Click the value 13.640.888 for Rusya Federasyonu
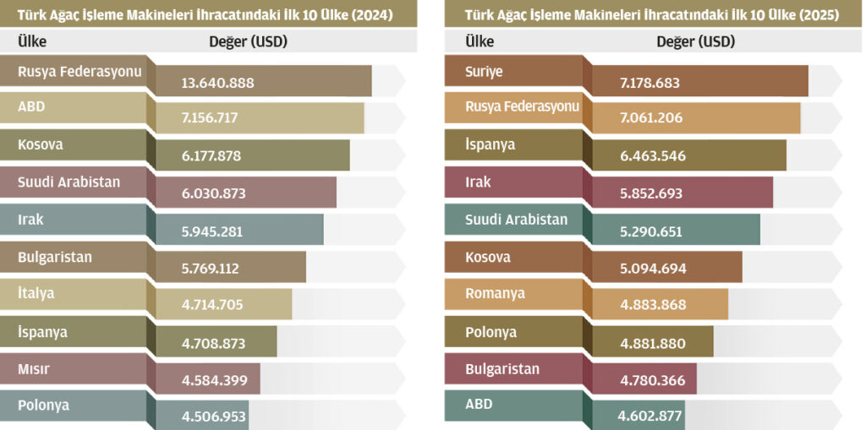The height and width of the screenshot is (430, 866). coord(217,83)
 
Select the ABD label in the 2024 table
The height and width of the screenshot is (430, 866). coord(31,107)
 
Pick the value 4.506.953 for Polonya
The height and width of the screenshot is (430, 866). coord(213,416)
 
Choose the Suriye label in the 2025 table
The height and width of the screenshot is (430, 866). coord(484,72)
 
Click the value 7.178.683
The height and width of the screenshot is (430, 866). coord(649,83)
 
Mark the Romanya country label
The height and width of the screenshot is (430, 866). coord(495,293)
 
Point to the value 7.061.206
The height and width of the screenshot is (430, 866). coord(651,118)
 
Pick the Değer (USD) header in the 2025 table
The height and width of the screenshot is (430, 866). coord(695,41)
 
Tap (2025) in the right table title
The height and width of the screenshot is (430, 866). coord(817,14)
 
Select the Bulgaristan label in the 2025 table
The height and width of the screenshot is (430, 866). coord(502,368)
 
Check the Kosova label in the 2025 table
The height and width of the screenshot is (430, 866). coord(488,257)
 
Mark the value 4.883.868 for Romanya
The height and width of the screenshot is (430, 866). coord(652,305)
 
